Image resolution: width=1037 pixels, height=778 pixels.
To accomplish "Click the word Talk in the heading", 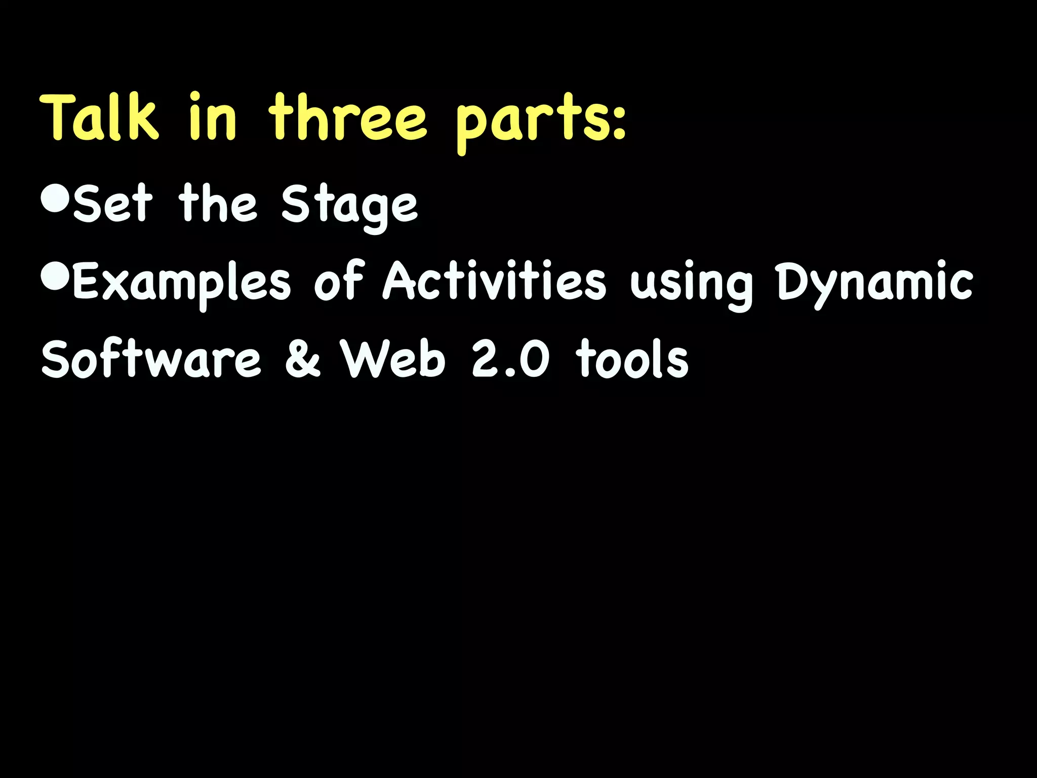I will point(100,118).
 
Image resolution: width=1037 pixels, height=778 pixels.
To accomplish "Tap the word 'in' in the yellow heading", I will point(213,118).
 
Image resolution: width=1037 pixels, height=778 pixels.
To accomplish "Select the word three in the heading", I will point(347,118).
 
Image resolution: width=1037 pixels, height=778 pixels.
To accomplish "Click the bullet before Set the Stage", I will point(54,199).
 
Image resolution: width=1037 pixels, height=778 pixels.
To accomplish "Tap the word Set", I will point(112,204).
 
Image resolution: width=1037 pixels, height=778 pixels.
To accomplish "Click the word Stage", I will point(349,208).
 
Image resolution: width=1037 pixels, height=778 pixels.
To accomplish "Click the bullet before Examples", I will point(54,277).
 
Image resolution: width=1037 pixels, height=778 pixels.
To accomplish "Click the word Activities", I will point(494,282).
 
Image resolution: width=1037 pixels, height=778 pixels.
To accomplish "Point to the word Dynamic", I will point(874,284).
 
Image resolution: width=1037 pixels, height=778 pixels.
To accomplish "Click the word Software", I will point(151,359).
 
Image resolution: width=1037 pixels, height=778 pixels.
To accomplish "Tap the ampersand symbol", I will point(303,359).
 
